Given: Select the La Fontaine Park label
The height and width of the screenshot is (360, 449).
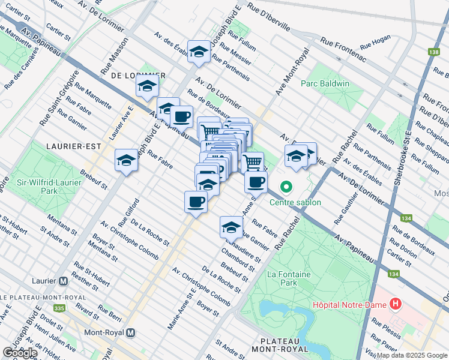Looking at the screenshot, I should click(x=282, y=278).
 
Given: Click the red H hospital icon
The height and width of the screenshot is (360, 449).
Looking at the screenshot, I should click(x=395, y=304).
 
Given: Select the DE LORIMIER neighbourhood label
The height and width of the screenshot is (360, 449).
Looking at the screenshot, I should click(x=138, y=75).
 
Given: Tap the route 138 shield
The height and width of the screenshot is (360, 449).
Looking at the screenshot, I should click(x=433, y=53).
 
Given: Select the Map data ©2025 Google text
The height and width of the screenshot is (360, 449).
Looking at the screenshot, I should click(x=411, y=355).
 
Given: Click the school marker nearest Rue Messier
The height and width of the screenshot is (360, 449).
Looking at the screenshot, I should click(x=199, y=52).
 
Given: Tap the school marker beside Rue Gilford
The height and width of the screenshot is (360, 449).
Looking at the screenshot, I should click(x=127, y=160).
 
